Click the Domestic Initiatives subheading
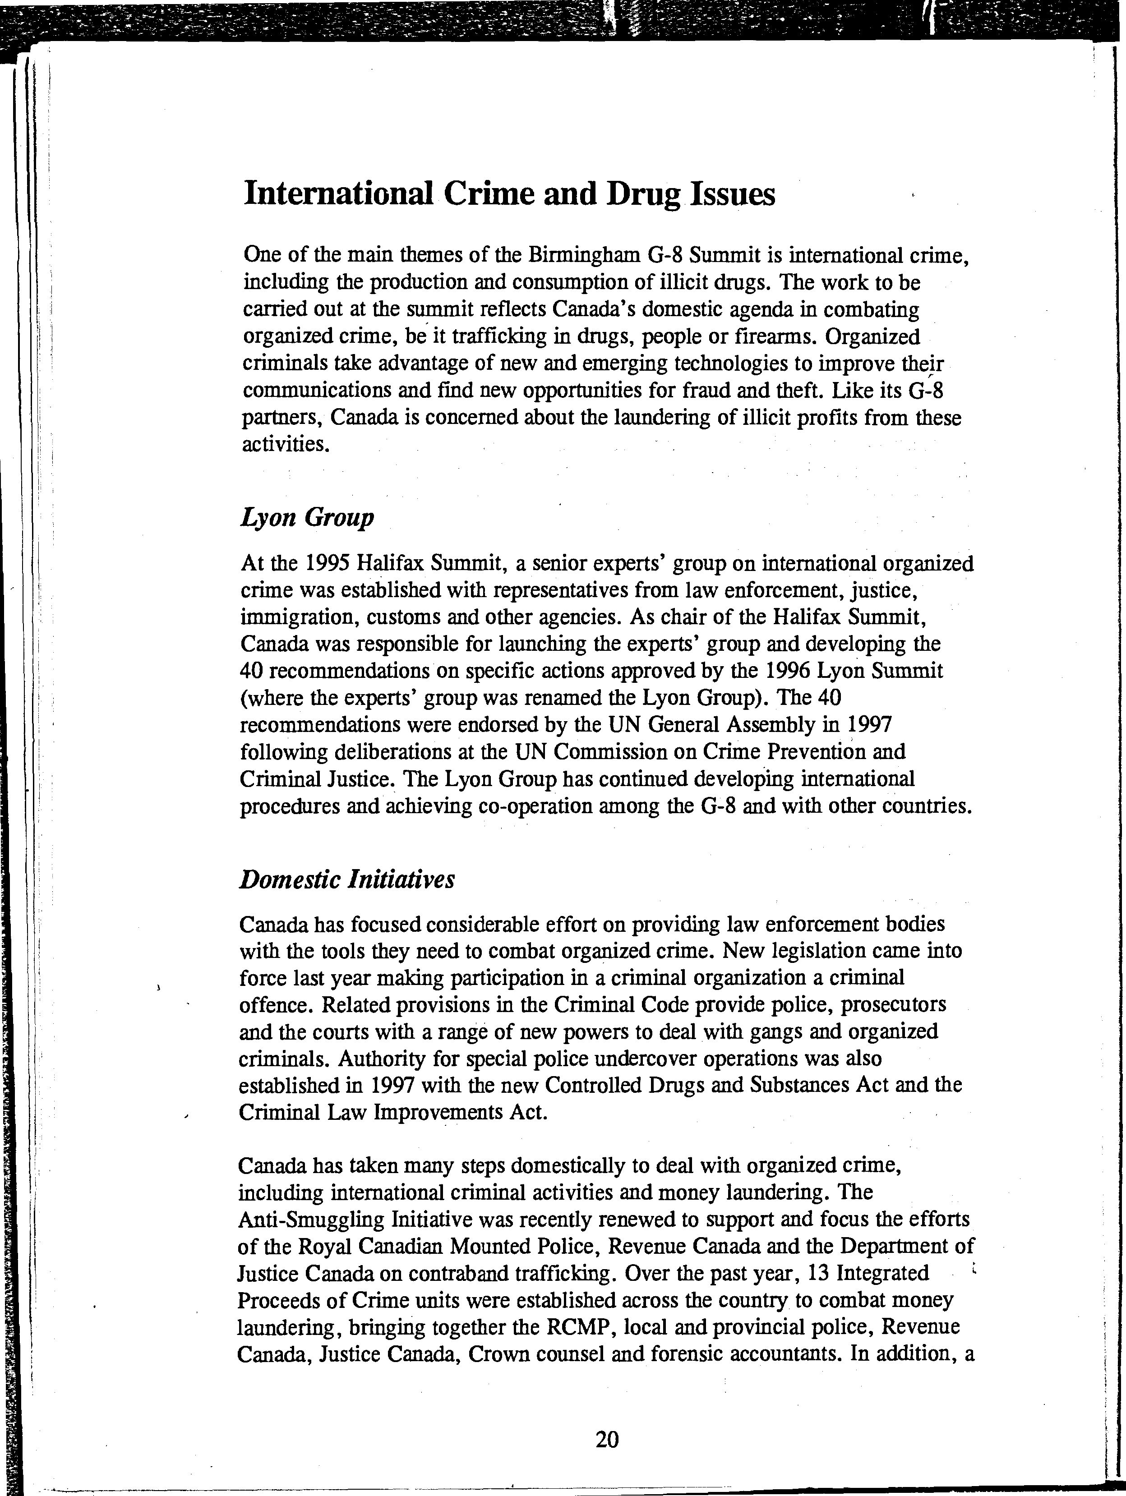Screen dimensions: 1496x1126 [x=347, y=879]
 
